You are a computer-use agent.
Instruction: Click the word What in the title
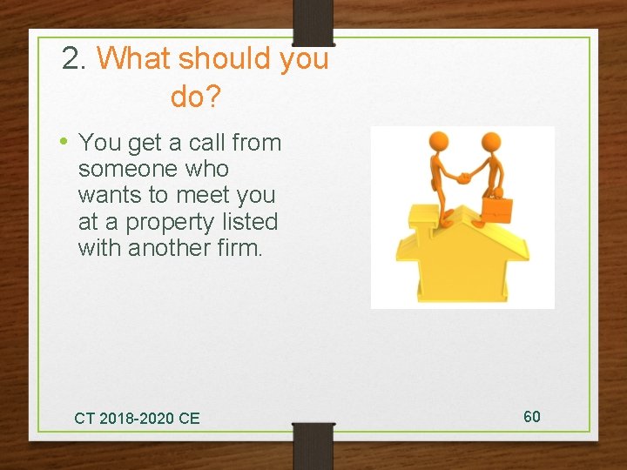pos(134,59)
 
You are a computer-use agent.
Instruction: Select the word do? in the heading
pos(196,97)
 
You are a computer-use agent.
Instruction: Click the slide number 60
pos(532,416)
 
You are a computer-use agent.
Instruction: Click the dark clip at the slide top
pos(313,22)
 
